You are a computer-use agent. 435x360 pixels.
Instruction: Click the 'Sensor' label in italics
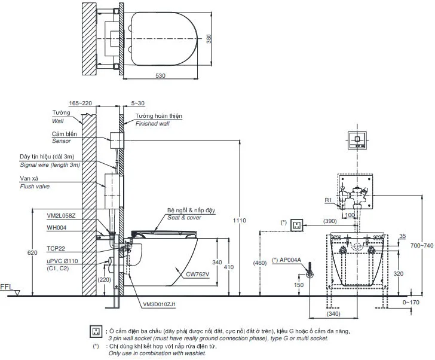pos(62,141)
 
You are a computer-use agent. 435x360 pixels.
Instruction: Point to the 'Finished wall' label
pos(153,123)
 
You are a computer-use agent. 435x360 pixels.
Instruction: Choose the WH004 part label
pos(57,227)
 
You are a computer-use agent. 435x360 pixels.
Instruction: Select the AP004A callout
pos(289,260)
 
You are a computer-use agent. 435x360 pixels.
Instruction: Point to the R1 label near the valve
pos(328,200)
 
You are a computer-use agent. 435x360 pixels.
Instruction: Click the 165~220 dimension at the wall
pos(79,103)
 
